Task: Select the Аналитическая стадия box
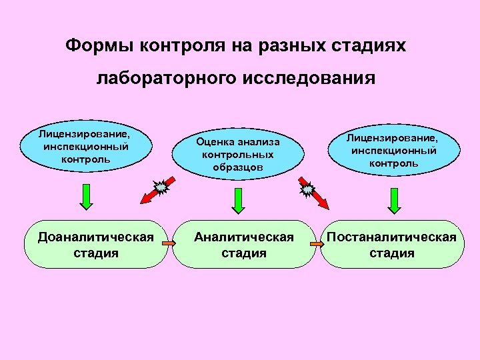[x=243, y=244]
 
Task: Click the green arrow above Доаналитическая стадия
[x=85, y=198]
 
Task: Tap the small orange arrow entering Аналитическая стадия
[x=169, y=244]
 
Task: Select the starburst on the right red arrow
[x=307, y=190]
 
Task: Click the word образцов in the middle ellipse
[x=238, y=167]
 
